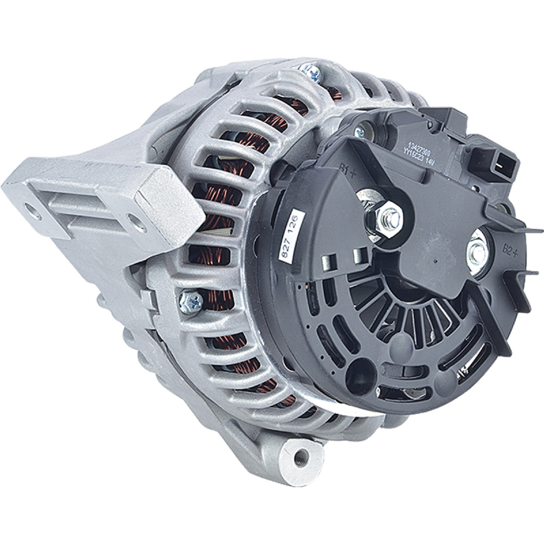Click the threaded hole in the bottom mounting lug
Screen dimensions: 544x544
pyautogui.click(x=303, y=456)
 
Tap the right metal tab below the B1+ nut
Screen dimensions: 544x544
pyautogui.click(x=360, y=256)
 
